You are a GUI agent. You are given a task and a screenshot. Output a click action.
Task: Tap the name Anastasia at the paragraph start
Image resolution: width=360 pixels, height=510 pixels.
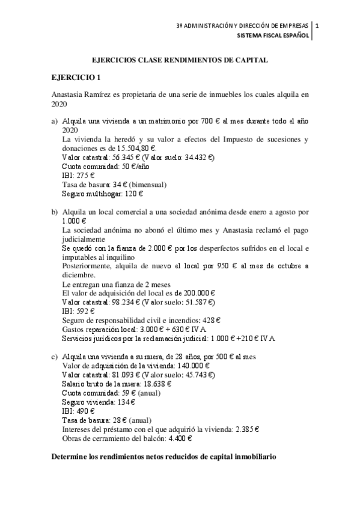click(66, 94)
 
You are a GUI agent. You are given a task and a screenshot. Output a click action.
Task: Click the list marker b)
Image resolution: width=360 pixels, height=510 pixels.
click(55, 212)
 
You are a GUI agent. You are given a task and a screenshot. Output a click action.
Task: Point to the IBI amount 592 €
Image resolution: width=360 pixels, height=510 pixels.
click(87, 311)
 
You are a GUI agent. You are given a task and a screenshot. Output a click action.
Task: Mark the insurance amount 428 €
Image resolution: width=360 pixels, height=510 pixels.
click(210, 320)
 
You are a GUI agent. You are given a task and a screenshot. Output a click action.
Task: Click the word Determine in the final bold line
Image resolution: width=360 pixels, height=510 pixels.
click(67, 458)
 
